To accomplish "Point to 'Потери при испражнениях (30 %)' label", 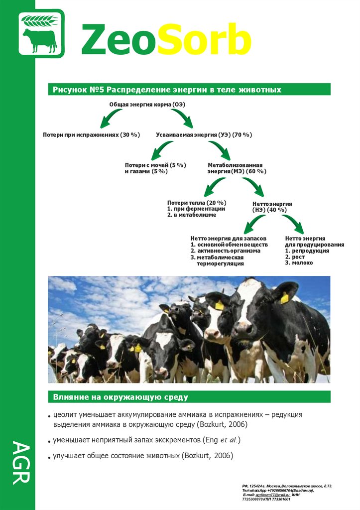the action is point(91,135).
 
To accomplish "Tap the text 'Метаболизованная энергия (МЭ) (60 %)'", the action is point(237,168).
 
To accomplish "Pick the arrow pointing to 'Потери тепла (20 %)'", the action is point(214,187).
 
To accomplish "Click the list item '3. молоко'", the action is point(299,262).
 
